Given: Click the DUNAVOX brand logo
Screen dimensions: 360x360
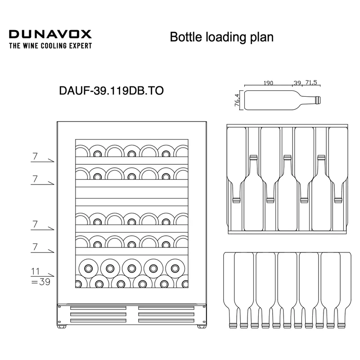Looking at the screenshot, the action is point(50,34).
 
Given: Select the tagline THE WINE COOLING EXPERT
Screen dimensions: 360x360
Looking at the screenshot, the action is point(50,46).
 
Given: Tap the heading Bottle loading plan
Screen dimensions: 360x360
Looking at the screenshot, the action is point(221,37).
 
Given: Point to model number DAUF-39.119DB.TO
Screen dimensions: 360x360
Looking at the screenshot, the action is point(111,91).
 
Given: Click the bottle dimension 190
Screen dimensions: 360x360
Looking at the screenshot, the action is point(268,83).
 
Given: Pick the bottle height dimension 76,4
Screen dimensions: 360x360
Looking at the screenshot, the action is point(237,100).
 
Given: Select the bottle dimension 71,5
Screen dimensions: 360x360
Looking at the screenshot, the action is point(311,82).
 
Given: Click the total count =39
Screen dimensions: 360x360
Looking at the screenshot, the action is point(40,282).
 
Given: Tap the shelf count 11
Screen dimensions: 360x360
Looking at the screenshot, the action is point(36,272).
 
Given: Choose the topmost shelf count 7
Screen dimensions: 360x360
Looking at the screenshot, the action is point(35,156).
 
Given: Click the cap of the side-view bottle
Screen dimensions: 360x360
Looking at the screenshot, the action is point(319,100).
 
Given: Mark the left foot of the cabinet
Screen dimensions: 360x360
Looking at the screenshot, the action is point(61,327).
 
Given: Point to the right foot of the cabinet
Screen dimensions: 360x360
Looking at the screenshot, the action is point(201,327).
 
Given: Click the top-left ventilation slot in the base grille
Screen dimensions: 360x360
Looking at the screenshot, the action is point(98,308).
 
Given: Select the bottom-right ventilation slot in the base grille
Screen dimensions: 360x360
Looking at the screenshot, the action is point(166,320).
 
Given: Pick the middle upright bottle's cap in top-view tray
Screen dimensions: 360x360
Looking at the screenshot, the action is point(287,157).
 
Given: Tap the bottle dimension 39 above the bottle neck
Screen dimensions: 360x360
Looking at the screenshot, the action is point(297,83).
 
